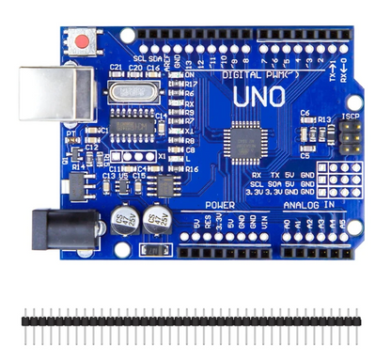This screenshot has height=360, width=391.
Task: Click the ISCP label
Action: coord(351,117)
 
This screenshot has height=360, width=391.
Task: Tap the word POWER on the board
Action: coord(219,204)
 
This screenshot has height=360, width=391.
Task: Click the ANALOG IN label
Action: coord(308,204)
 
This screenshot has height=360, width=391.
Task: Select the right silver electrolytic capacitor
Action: coord(156,222)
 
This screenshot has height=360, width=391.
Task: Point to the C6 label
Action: coord(305,113)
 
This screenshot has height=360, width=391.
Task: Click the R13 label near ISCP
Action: coord(325,119)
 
